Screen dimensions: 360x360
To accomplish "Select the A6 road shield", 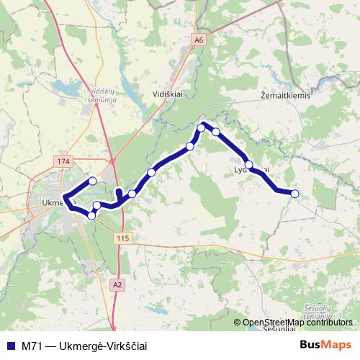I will [199, 41].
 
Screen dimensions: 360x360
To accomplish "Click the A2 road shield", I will [117, 286].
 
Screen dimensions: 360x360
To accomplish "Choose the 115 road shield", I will [120, 238].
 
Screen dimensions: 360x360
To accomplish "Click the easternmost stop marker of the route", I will [294, 193].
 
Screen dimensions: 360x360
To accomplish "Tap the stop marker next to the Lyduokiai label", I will [249, 166].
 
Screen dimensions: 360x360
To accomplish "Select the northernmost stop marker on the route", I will [202, 128].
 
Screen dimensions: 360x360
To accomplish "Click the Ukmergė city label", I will [56, 202].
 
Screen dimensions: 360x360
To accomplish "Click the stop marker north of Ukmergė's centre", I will [92, 181].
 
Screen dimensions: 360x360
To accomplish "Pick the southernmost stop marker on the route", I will [91, 215].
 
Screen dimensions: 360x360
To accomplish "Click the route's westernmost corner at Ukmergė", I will [64, 197].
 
